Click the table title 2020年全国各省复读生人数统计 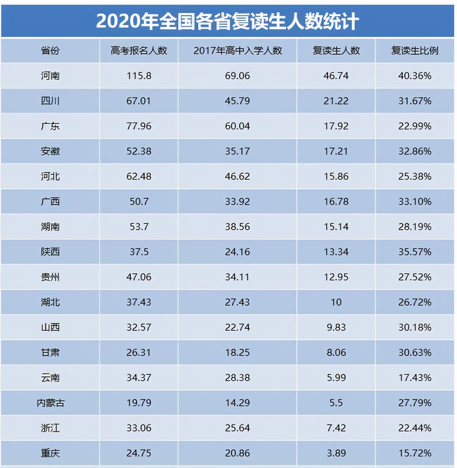[227, 21]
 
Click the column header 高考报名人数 [139, 51]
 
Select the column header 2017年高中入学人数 [237, 51]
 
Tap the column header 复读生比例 [414, 51]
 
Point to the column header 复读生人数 [336, 51]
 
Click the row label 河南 [50, 76]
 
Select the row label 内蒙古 [50, 403]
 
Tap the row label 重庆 [50, 453]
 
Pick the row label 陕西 [50, 252]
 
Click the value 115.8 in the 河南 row [139, 76]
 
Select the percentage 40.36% [414, 76]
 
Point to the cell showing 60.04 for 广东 [237, 126]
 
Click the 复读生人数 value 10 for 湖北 [336, 302]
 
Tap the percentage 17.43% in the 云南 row [414, 378]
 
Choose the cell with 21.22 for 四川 [336, 101]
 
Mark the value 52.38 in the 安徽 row [139, 151]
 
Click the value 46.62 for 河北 [237, 177]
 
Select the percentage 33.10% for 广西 [414, 202]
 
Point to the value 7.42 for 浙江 [336, 428]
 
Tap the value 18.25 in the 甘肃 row [237, 353]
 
